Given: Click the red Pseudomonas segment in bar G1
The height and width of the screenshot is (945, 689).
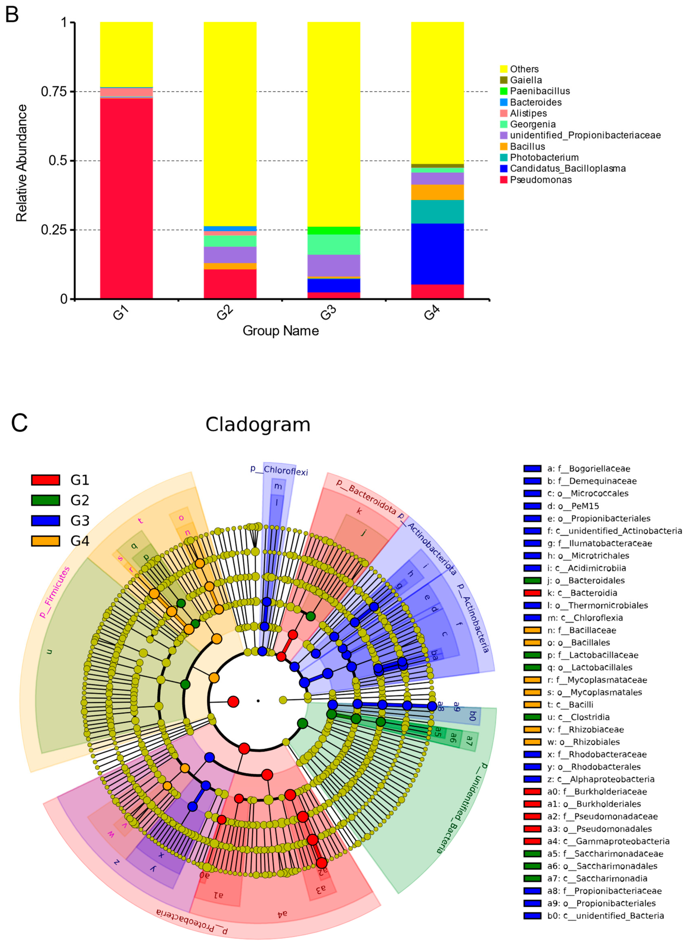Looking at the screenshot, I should tap(126, 198).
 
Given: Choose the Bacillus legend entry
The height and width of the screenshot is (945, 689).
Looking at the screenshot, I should tap(527, 146).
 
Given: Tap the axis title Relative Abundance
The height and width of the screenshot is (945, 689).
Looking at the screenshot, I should tap(22, 163).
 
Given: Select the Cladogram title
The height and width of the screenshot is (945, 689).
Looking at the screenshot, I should tap(258, 425).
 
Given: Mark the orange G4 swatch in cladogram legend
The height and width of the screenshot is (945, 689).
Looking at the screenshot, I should tap(45, 541).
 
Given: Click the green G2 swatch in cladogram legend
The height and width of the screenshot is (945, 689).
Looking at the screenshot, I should tap(45, 500).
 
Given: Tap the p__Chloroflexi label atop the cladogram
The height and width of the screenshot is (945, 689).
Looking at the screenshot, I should tap(279, 470).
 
